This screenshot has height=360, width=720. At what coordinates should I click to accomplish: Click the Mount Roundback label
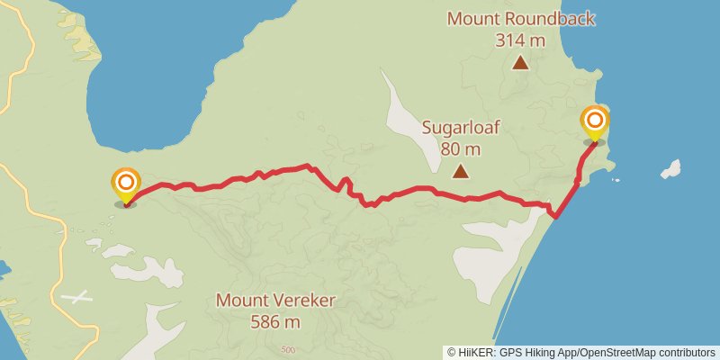(521, 19)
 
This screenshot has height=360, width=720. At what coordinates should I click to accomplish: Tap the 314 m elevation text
(520, 40)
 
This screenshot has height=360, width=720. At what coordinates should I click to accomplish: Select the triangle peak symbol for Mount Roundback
(520, 63)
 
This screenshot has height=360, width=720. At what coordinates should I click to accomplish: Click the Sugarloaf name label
(460, 128)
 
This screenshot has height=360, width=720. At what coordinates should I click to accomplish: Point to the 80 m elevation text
(460, 148)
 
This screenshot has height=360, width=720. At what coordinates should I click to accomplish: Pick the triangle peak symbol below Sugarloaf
(460, 171)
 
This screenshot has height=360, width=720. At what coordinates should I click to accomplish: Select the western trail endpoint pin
(126, 185)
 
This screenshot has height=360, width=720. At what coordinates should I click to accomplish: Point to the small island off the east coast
(670, 169)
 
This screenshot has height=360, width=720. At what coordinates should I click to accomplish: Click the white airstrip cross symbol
(79, 296)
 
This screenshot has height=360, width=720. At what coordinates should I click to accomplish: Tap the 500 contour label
(287, 349)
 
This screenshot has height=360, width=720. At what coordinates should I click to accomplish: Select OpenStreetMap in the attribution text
(621, 352)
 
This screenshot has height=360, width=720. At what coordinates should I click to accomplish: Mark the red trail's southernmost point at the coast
(556, 216)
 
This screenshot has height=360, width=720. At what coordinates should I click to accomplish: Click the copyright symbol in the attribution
(451, 352)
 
